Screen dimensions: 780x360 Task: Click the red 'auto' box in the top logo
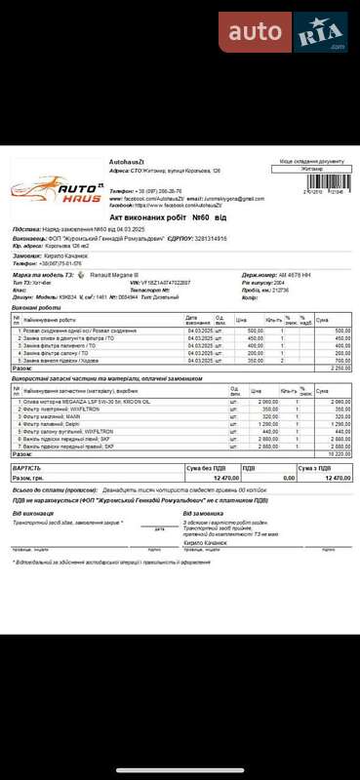pyautogui.click(x=255, y=32)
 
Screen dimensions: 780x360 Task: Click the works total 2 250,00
pyautogui.click(x=340, y=369)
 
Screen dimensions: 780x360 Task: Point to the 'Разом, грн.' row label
pyautogui.click(x=29, y=479)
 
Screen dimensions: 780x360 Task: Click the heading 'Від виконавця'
pyautogui.click(x=32, y=513)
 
